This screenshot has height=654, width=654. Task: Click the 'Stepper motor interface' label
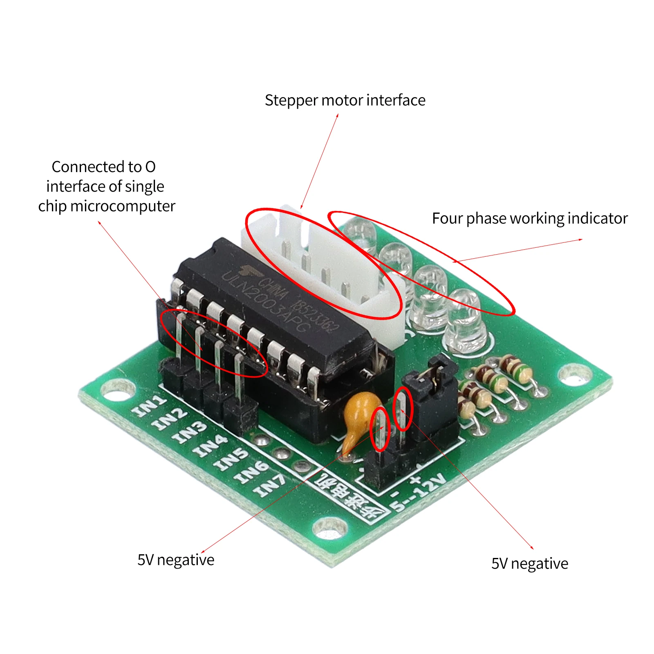click(x=345, y=101)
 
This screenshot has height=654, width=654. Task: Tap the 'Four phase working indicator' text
click(x=530, y=219)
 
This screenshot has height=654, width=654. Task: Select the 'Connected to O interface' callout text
click(x=106, y=186)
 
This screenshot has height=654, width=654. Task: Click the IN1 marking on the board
click(x=150, y=406)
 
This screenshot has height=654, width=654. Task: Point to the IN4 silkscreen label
click(x=211, y=446)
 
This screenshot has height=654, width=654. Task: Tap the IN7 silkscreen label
click(x=269, y=486)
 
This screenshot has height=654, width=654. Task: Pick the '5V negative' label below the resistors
click(x=530, y=564)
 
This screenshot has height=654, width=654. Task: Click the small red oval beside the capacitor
click(x=380, y=429)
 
